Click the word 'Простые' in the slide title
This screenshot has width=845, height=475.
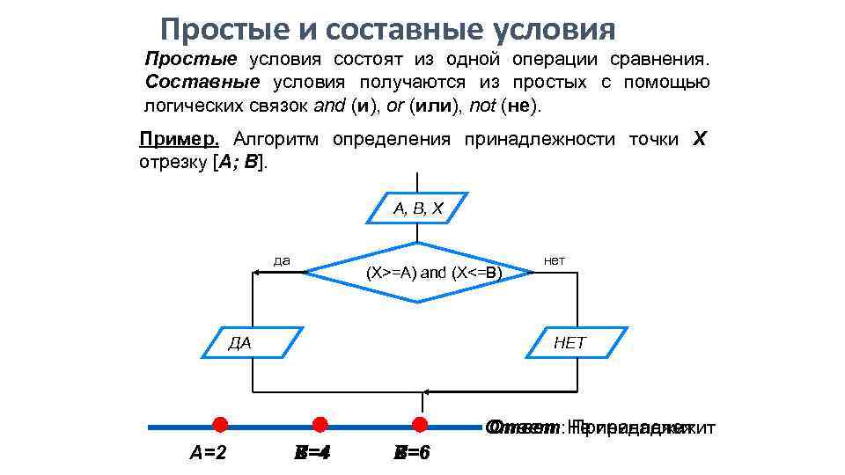214,31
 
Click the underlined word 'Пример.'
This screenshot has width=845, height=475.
180,140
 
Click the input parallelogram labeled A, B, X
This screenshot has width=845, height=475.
417,208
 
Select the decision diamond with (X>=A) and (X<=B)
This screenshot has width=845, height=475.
419,272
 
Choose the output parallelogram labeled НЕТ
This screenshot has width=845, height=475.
577,342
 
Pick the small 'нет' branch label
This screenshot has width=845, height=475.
555,260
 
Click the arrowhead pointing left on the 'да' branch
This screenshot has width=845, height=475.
258,273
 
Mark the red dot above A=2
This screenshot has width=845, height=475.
220,425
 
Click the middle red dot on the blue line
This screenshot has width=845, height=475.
320,425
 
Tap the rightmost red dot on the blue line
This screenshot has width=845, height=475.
420,425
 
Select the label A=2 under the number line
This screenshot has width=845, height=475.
209,454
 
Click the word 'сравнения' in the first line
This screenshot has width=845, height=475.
664,60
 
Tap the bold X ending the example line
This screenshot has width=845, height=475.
699,140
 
